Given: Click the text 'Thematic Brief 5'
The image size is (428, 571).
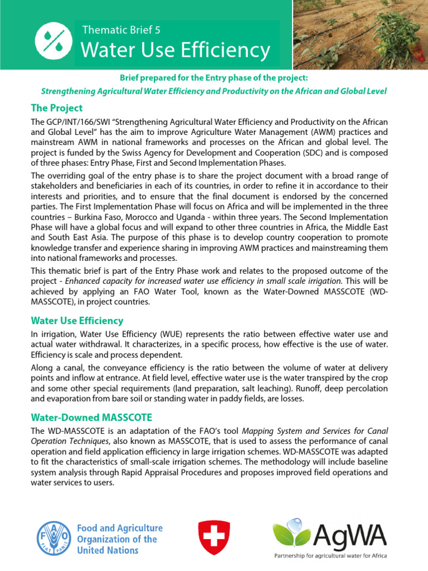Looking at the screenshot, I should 121,30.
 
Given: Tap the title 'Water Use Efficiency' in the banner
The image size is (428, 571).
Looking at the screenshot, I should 176,51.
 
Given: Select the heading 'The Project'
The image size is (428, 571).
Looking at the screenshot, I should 57,108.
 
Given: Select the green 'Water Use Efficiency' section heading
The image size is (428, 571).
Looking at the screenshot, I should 77,321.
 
